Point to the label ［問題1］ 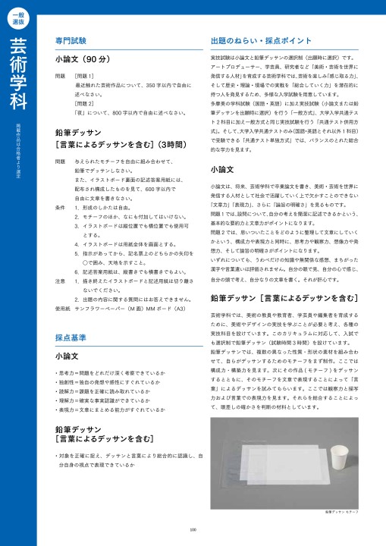[84, 77]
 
